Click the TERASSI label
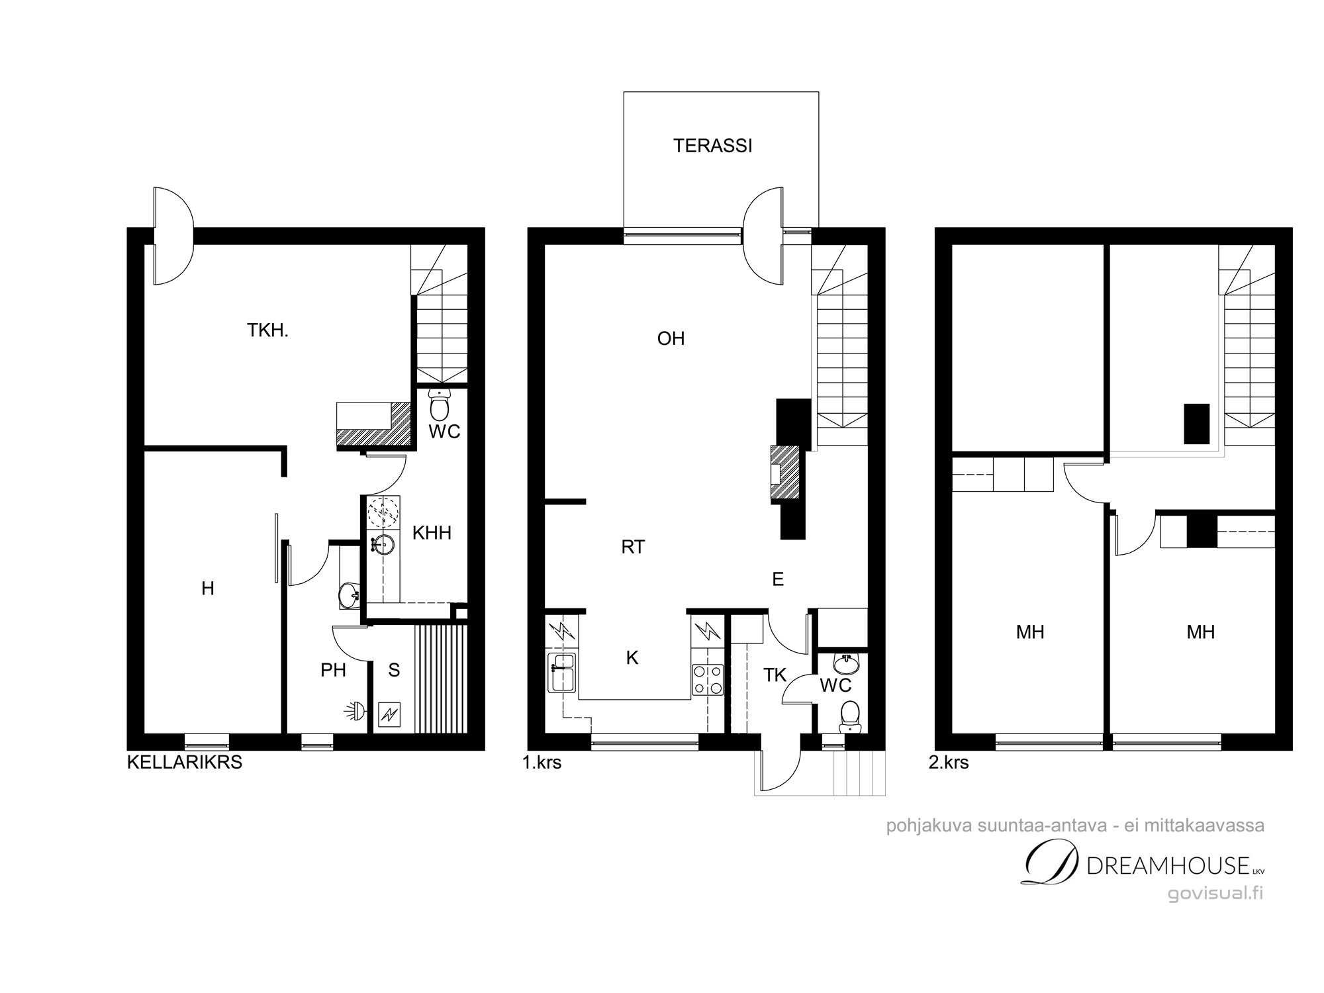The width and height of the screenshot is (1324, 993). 713,146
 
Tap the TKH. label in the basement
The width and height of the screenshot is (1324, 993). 268,330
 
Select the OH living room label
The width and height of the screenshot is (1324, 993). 671,339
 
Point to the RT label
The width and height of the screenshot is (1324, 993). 633,547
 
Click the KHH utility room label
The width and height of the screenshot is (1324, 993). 432,532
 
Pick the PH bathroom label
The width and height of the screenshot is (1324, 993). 333,670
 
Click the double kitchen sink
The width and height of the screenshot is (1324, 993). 563,672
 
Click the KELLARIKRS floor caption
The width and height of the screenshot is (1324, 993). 184,763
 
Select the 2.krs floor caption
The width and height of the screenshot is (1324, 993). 949,763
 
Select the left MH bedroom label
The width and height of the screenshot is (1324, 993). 1030,632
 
